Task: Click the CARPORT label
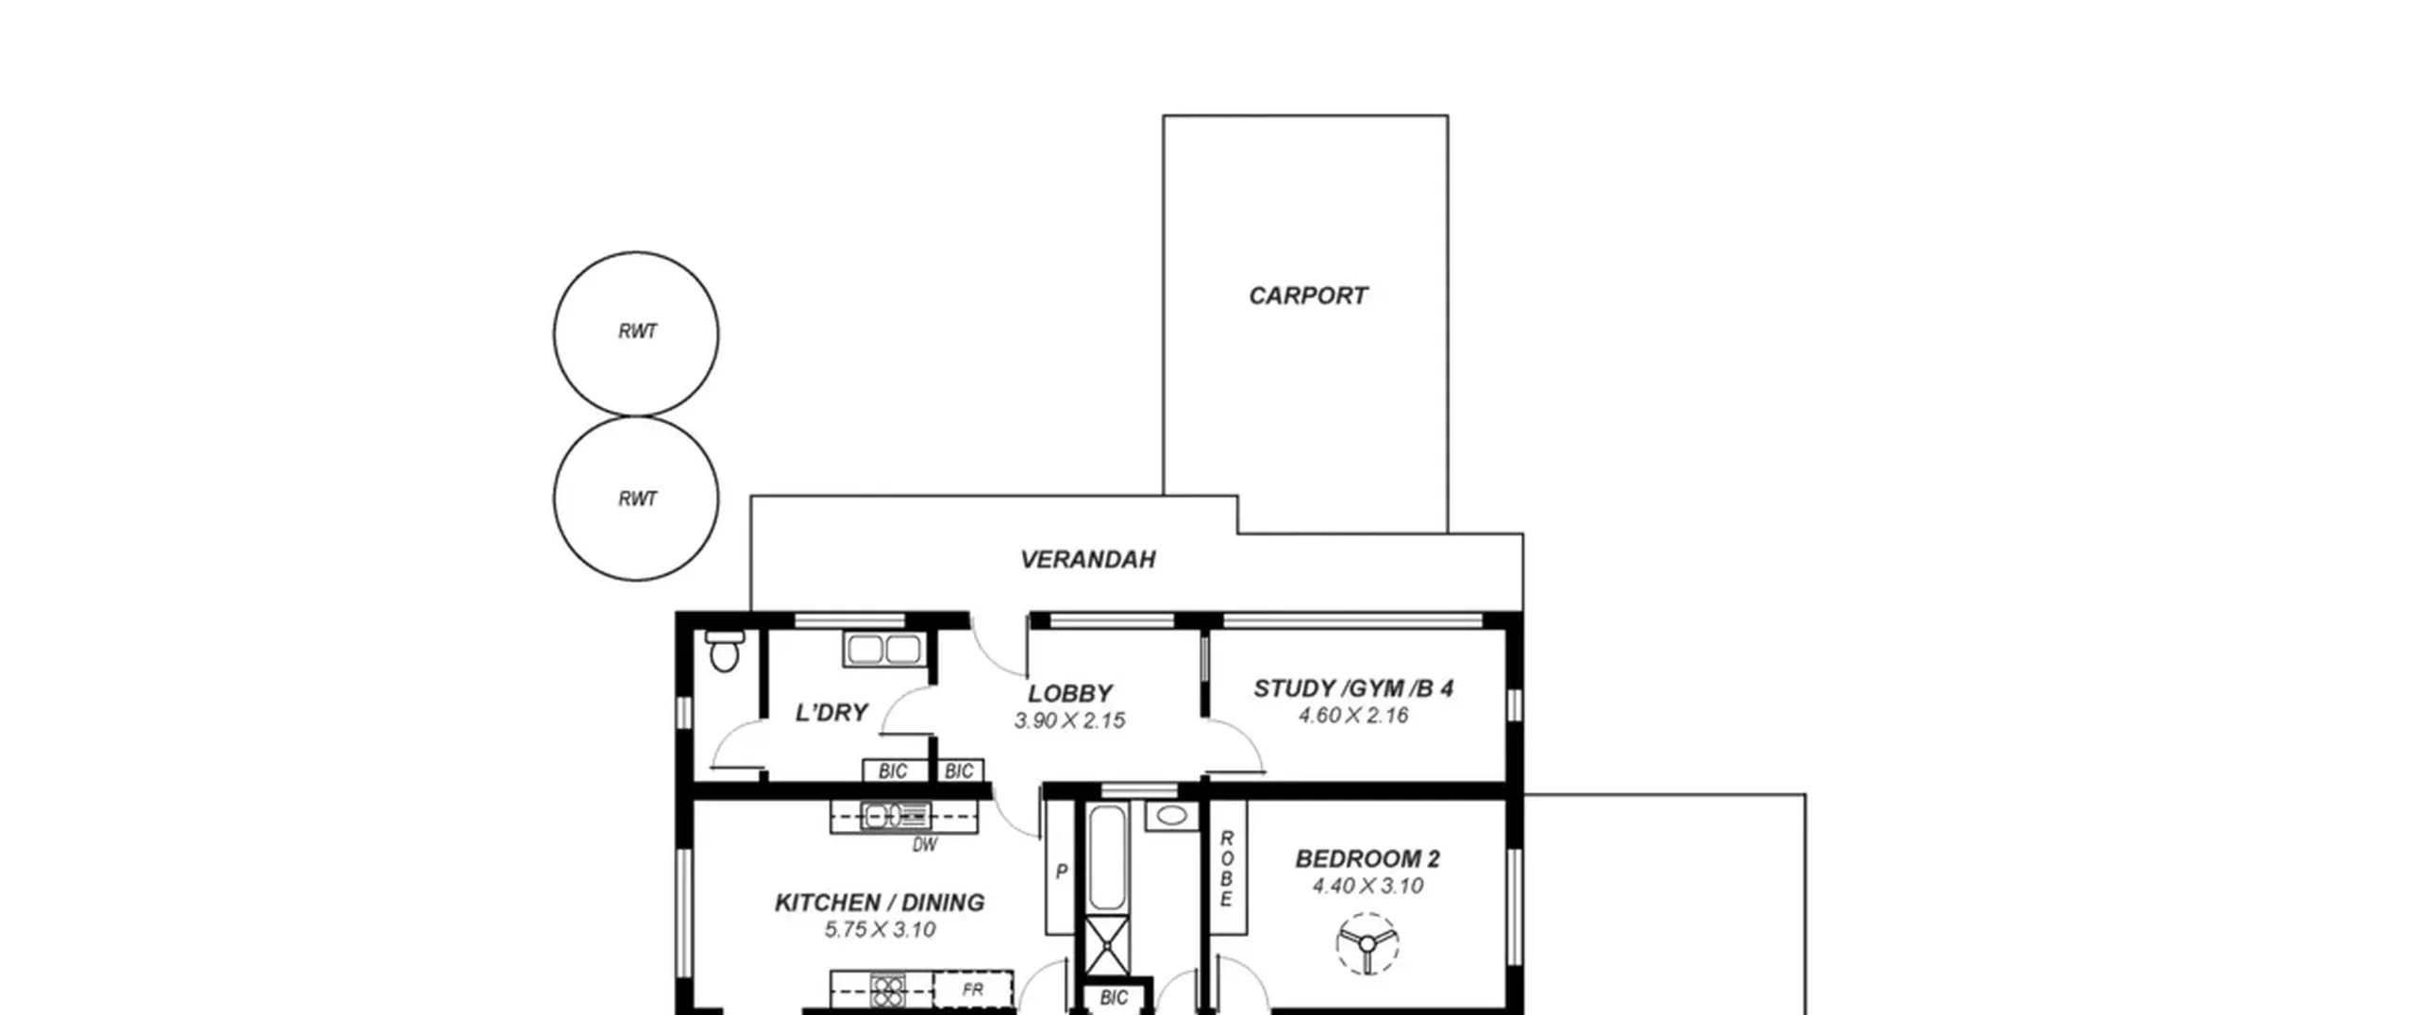coord(1307,296)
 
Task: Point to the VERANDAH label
coord(1087,559)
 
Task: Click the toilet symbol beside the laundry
coord(724,651)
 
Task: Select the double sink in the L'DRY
coord(884,650)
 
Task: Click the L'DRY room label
coord(831,712)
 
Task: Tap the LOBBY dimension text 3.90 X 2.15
coord(1069,720)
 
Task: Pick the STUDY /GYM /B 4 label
coord(1353,688)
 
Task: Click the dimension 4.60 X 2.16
coord(1353,716)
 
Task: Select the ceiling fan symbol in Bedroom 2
coord(1367,943)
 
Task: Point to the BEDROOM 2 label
coord(1367,859)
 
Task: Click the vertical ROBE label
coord(1227,869)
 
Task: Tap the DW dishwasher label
coord(925,845)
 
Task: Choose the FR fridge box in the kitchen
coord(973,990)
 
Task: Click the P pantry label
coord(1061,871)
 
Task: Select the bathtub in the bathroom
coord(1107,857)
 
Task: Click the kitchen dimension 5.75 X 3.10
coord(880,930)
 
